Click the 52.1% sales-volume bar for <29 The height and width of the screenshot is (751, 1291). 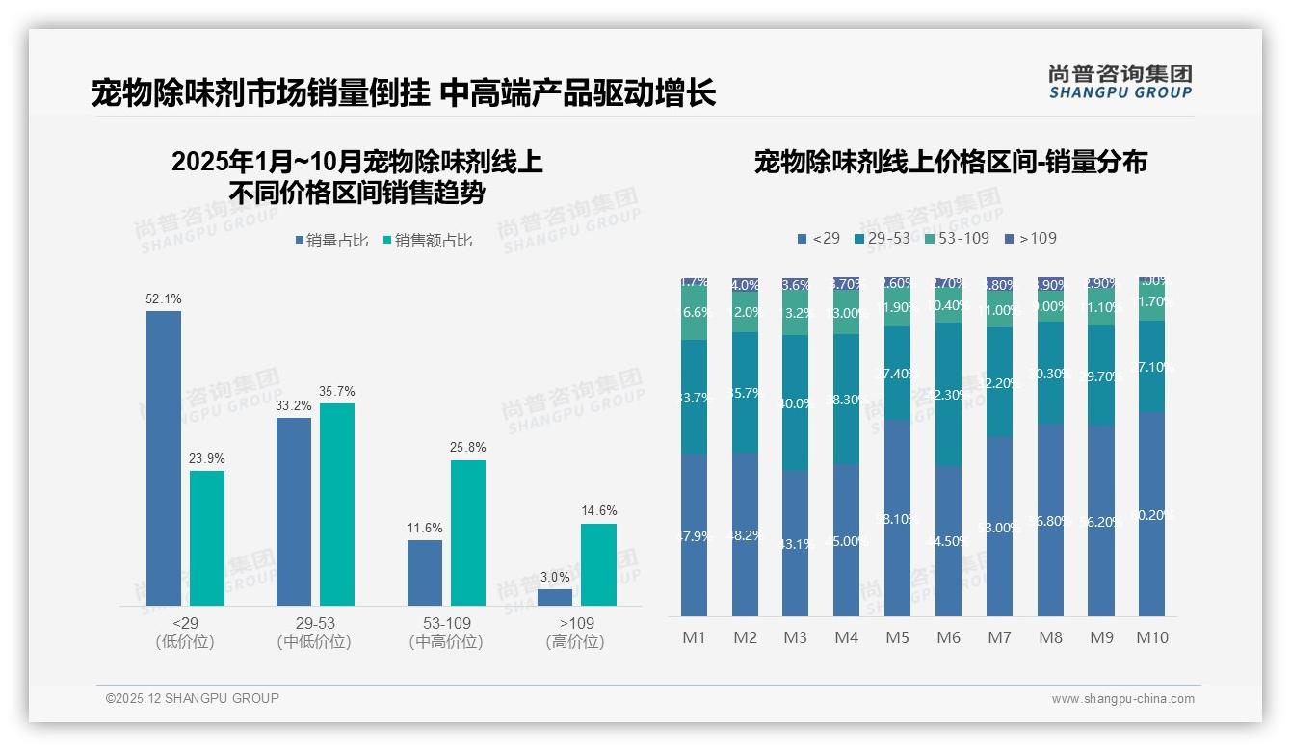click(164, 457)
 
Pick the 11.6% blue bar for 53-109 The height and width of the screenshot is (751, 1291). click(425, 572)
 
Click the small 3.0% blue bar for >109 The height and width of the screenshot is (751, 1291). click(555, 597)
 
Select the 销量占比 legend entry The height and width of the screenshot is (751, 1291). click(331, 241)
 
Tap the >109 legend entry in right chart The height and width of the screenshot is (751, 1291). click(1030, 238)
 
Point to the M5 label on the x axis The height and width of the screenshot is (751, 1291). click(897, 637)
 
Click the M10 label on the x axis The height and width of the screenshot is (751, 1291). click(1151, 637)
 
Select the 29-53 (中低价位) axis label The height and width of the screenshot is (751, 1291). click(314, 633)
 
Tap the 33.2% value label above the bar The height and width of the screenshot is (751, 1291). click(293, 406)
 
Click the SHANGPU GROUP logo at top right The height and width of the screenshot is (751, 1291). click(1120, 81)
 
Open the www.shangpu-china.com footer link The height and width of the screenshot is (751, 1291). click(1122, 699)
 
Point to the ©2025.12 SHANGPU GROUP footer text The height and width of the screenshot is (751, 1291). click(193, 698)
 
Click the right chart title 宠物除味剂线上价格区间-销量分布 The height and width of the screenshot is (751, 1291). click(950, 163)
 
